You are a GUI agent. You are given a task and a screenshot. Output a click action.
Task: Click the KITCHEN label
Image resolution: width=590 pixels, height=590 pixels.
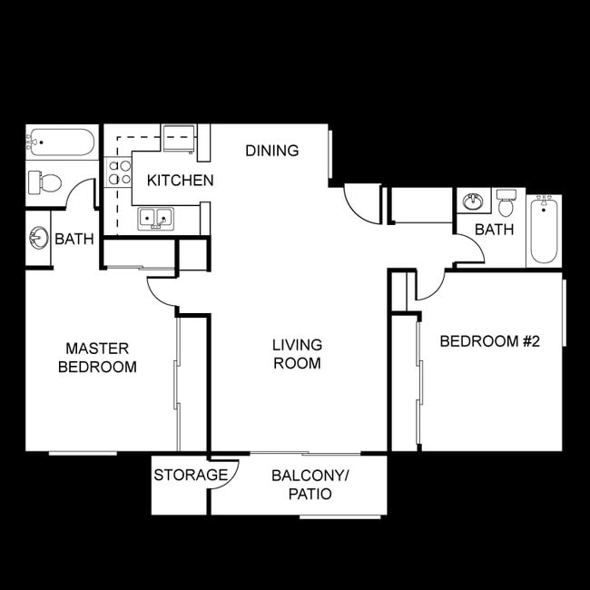[x=181, y=180]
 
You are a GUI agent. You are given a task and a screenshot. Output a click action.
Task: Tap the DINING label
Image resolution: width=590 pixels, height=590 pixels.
[x=271, y=151]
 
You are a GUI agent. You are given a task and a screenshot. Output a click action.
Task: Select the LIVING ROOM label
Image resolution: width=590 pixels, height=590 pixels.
[x=297, y=354]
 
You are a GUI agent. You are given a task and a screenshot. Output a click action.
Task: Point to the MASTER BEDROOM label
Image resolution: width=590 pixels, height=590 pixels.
[x=97, y=358]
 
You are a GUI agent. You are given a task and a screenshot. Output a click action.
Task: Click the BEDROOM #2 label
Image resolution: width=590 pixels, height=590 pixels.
[x=489, y=341]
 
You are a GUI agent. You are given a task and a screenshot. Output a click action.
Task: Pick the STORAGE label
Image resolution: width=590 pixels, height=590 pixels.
[x=190, y=475]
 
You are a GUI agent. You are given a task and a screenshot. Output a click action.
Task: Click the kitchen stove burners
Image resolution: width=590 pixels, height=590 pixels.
[x=120, y=172]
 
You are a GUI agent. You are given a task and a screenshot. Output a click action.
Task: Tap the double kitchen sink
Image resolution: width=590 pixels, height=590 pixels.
[x=155, y=218]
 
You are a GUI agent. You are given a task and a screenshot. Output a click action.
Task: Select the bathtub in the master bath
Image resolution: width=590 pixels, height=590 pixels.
[x=60, y=143]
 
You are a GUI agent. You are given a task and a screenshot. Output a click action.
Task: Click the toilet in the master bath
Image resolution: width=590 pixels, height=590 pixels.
[x=44, y=182]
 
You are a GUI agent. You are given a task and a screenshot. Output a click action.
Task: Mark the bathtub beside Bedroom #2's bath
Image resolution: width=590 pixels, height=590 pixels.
[x=544, y=230]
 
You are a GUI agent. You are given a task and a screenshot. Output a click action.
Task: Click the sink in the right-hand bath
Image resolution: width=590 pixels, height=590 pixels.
[x=472, y=201]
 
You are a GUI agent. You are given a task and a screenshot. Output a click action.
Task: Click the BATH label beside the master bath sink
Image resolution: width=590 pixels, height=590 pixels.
[x=74, y=240]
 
